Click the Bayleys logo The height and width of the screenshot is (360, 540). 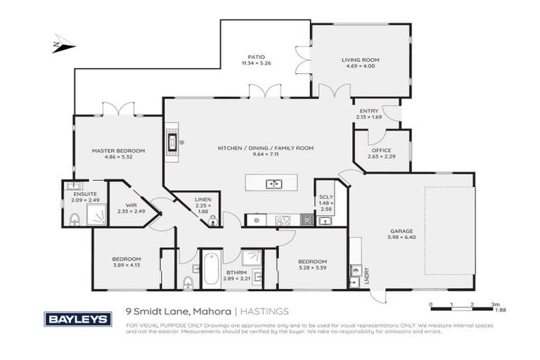[x=78, y=318]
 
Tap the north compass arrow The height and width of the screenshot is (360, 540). [x=63, y=47]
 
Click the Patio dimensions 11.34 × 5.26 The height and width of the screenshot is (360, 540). [x=255, y=64]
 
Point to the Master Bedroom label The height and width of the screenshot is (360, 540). [x=118, y=150]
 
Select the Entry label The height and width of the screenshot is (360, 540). [x=368, y=110]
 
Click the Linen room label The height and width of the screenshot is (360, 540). [x=202, y=200]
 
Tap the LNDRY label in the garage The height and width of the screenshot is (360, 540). [x=366, y=277]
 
